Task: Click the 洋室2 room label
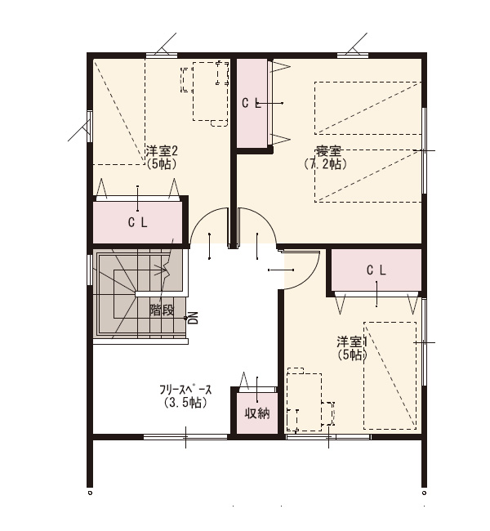pos(162,151)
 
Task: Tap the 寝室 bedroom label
pos(328,151)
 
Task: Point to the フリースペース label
pos(185,390)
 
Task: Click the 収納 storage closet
pos(257,413)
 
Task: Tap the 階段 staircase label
pos(162,310)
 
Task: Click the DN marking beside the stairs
pos(193,318)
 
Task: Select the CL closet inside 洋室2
pos(138,222)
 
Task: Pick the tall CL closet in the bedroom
pos(252,103)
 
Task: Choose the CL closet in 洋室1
pos(376,270)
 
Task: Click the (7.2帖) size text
pos(325,164)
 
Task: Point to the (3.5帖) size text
pos(185,403)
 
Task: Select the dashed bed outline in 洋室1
pos(390,376)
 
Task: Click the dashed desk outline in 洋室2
pos(210,91)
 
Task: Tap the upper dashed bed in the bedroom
pos(368,108)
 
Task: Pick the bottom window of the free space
pos(185,437)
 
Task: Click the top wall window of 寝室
pos(353,55)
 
